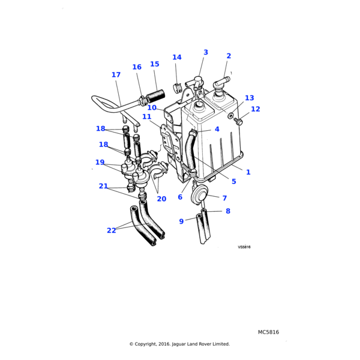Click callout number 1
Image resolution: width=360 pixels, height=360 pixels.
[248, 172]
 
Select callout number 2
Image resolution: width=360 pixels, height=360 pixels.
[229, 56]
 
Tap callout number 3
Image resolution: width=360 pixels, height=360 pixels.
[206, 53]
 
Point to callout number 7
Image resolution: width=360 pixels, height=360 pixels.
[224, 198]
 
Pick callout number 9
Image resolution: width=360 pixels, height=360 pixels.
[181, 221]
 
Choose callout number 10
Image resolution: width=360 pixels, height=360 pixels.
[152, 108]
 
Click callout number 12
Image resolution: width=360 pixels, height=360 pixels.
[256, 109]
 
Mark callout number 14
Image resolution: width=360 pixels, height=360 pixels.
[176, 58]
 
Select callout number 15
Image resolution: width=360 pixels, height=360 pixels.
[155, 64]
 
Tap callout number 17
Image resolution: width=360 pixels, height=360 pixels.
[116, 75]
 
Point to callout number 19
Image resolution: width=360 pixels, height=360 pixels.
[100, 162]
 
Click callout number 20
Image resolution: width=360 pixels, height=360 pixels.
[161, 199]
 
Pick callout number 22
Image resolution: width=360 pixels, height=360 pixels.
[112, 230]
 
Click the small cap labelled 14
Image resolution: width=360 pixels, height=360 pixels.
[178, 88]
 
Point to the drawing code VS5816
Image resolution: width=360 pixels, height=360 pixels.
[244, 247]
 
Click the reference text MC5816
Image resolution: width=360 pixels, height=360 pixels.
[268, 332]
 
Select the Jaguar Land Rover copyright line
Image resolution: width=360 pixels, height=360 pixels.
[179, 344]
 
